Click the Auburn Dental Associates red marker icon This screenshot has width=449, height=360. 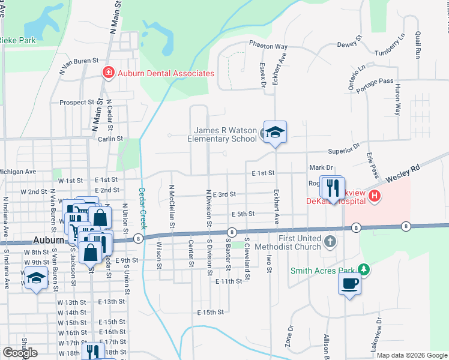[x=108, y=73]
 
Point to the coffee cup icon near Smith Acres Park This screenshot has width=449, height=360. [x=349, y=283]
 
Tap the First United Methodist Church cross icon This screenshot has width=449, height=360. [x=329, y=241]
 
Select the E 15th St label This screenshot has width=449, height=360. [x=210, y=313]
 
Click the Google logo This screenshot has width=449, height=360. [x=20, y=352]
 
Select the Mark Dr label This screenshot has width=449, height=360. [x=321, y=167]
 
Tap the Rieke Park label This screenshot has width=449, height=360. [x=18, y=40]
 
